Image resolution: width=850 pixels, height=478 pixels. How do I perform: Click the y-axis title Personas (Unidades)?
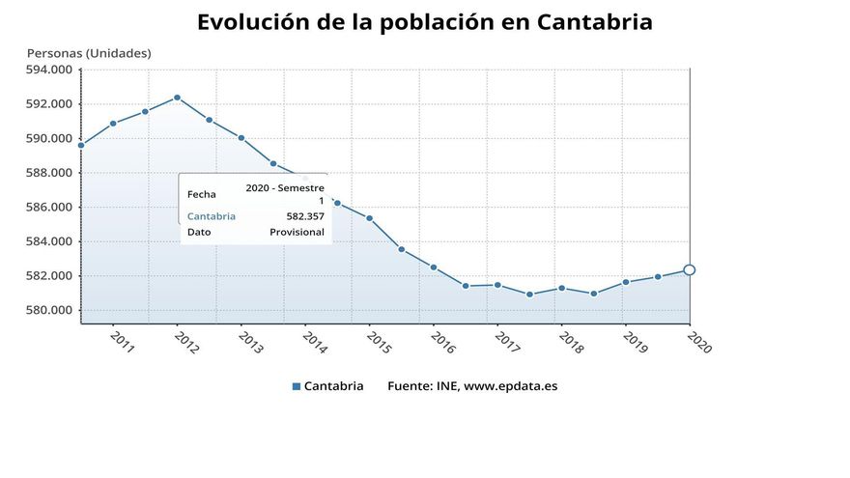click(x=89, y=53)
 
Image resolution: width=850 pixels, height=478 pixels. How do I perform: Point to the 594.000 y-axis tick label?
click(x=48, y=70)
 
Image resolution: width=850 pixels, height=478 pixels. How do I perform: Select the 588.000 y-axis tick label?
click(x=48, y=173)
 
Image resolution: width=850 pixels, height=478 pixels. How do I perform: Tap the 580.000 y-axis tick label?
click(x=48, y=310)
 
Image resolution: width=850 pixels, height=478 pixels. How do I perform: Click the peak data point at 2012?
click(x=177, y=98)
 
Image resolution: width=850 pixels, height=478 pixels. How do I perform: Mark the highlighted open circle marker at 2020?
click(x=689, y=270)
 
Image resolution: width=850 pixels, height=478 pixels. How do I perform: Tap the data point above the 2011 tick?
click(x=113, y=124)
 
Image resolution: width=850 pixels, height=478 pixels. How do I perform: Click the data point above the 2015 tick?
click(x=369, y=218)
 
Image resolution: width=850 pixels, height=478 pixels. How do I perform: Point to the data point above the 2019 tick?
click(x=625, y=282)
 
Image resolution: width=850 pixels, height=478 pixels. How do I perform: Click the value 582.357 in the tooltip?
click(x=305, y=216)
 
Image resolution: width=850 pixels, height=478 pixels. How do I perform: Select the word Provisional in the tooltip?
click(x=297, y=232)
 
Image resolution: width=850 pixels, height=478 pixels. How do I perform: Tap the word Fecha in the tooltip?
click(x=202, y=194)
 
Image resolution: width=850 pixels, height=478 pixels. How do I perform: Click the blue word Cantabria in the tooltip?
click(x=211, y=216)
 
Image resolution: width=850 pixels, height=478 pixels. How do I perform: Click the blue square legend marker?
click(x=296, y=386)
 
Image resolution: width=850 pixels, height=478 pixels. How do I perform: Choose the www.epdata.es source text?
click(x=510, y=386)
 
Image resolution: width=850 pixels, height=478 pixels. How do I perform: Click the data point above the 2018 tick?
click(x=561, y=288)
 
